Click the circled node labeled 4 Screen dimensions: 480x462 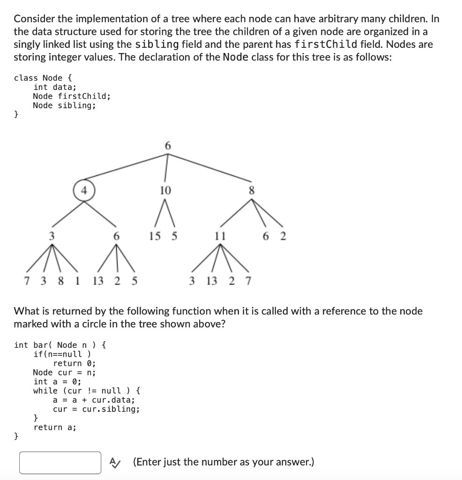(x=84, y=190)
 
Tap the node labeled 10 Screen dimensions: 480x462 (x=166, y=190)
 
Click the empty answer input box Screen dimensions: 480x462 (x=60, y=463)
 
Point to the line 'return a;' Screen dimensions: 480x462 (x=55, y=427)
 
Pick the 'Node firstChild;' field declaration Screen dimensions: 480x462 (x=72, y=96)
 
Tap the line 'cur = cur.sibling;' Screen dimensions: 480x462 (x=96, y=409)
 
